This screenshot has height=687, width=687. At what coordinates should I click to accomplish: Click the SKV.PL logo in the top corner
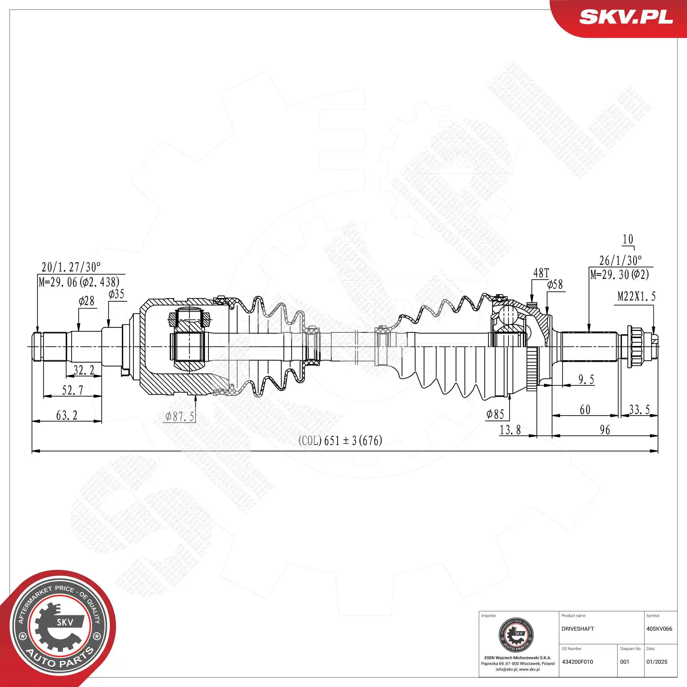[625, 17]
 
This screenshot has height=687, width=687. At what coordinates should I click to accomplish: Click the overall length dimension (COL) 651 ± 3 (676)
[340, 441]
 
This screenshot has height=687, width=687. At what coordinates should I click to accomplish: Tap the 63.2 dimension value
[67, 415]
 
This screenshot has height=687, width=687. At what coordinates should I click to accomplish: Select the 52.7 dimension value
[73, 390]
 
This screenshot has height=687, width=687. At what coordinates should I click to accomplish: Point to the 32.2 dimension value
[84, 370]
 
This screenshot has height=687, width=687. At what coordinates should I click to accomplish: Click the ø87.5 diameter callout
[180, 416]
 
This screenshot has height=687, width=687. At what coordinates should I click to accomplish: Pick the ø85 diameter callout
[495, 414]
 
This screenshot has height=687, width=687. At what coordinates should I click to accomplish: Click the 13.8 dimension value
[510, 430]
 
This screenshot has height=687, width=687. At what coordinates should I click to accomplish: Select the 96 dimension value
[605, 430]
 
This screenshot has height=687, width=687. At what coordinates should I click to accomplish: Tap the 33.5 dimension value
[639, 410]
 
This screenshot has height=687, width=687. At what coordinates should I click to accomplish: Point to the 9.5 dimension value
[586, 379]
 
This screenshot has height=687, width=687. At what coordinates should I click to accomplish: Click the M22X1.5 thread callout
[636, 296]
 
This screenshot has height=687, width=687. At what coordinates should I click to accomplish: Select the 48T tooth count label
[541, 273]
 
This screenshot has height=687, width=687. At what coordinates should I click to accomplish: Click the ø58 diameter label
[555, 284]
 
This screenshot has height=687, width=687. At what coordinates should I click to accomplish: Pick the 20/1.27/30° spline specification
[71, 267]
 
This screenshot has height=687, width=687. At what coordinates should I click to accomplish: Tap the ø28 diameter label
[86, 301]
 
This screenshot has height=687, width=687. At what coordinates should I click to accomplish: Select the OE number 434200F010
[577, 662]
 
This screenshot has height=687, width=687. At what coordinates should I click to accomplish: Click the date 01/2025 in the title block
[656, 662]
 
